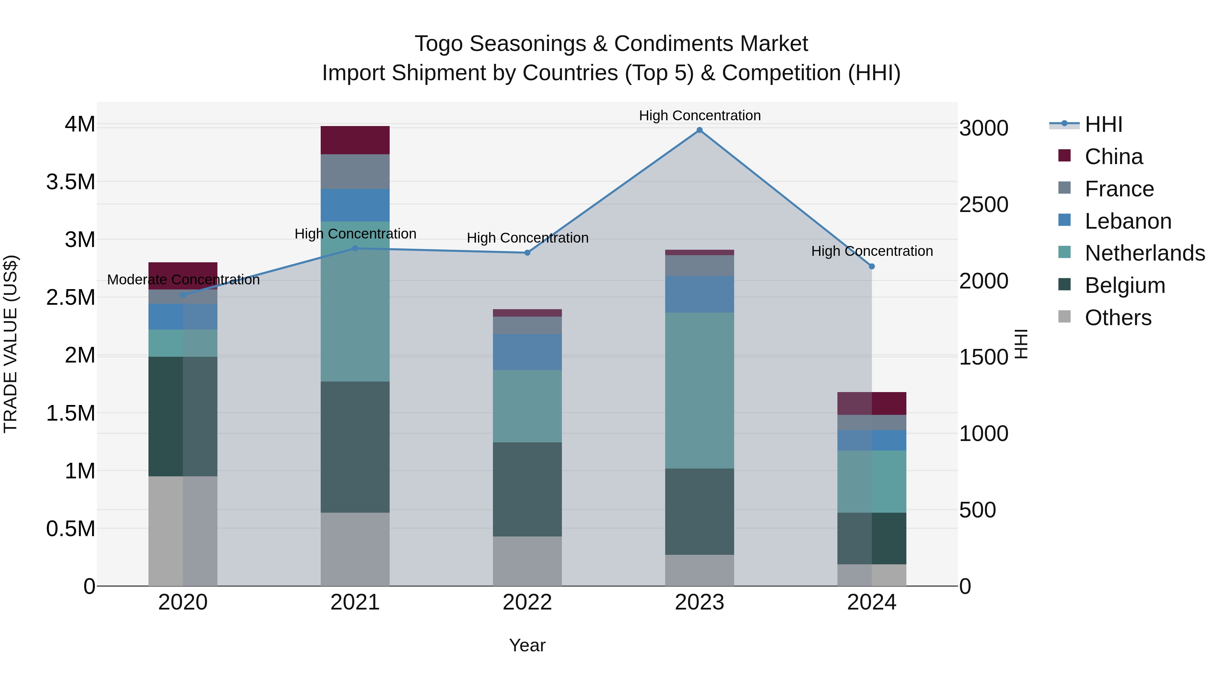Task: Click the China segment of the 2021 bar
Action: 355,140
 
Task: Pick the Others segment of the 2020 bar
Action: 183,530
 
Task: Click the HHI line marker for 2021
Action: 355,248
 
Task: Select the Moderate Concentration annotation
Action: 183,280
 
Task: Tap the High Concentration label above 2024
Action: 872,251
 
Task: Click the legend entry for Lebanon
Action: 1128,221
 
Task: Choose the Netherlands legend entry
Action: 1144,253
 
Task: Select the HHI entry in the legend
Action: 1103,124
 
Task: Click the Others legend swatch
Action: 1064,317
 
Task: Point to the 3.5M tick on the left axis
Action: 71,182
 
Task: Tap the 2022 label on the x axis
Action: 527,602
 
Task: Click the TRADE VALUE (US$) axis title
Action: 11,344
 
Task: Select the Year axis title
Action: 527,645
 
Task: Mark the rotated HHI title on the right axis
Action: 1021,344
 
